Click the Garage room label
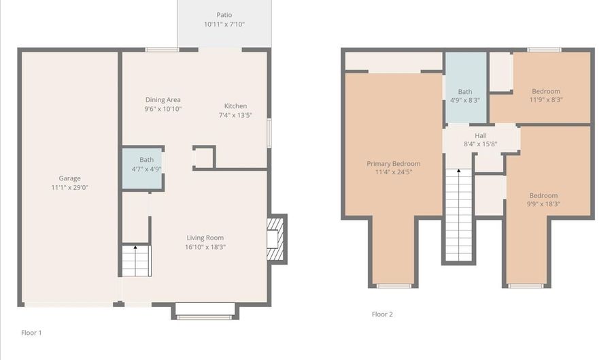click(69, 178)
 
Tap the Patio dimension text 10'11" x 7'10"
click(224, 24)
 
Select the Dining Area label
click(163, 100)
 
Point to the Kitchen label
click(235, 106)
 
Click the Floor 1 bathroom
click(143, 167)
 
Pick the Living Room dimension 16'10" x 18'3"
click(205, 247)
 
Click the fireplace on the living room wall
click(275, 238)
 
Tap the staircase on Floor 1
click(136, 261)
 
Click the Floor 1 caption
click(31, 333)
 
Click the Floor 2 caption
click(382, 314)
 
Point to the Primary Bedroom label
click(393, 163)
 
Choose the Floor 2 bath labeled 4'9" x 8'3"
click(465, 95)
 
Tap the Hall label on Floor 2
click(480, 135)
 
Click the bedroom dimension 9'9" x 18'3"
click(543, 203)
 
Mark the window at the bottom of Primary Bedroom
click(394, 286)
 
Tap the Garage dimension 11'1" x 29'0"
click(69, 187)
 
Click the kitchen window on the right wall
click(269, 133)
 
